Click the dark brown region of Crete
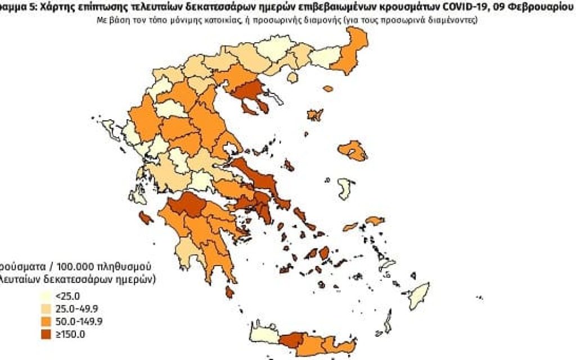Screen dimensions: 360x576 [x=292, y=341]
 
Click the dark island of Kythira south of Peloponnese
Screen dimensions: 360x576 [x=229, y=291]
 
